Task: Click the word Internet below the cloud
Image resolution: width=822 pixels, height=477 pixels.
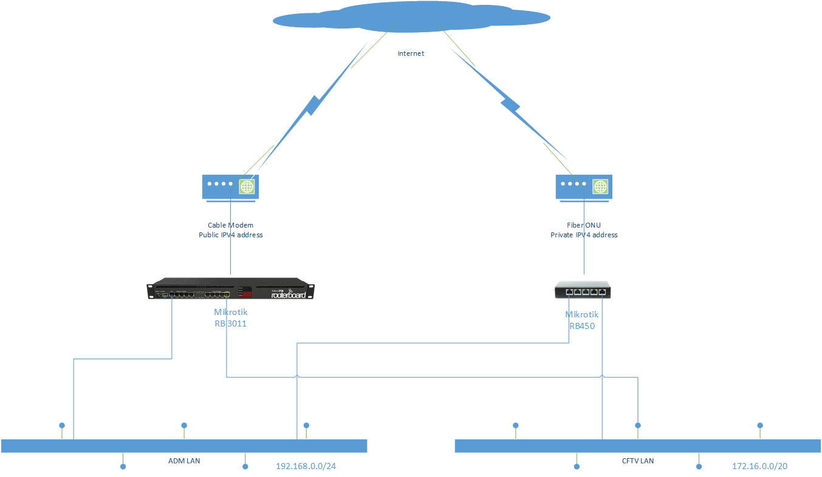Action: [x=411, y=53]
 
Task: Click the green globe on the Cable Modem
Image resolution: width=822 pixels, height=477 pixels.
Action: [x=247, y=186]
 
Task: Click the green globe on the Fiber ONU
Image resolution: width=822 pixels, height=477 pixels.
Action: [x=600, y=186]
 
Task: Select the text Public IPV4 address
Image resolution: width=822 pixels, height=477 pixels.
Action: [x=231, y=235]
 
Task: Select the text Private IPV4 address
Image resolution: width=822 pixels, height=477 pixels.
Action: [x=584, y=235]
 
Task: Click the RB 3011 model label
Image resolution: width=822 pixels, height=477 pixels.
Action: [x=230, y=324]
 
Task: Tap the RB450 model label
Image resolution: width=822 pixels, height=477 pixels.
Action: [x=581, y=326]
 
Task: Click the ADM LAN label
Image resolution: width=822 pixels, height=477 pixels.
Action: [x=184, y=461]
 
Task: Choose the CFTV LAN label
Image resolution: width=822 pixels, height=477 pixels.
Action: [x=638, y=461]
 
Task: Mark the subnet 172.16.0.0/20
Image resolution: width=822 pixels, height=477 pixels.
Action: [x=759, y=467]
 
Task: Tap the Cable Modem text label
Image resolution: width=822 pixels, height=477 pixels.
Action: [x=230, y=225]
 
